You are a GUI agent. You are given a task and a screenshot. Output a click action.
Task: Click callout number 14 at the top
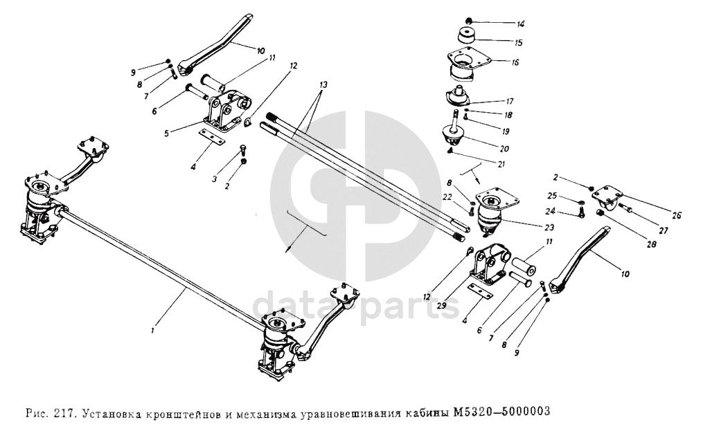point(519,24)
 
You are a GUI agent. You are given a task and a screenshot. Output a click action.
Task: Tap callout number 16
point(515,62)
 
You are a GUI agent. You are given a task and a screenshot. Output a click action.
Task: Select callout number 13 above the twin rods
point(323,85)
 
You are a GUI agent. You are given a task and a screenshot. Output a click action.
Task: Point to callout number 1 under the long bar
point(154,331)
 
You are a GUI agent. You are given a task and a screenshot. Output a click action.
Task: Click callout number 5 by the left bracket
point(167,134)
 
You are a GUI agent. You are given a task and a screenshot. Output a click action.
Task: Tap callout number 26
point(677,216)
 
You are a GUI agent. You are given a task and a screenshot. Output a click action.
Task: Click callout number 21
point(501,165)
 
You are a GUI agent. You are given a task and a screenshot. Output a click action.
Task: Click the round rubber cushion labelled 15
point(468,36)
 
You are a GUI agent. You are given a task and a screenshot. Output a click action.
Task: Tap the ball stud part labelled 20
point(454,129)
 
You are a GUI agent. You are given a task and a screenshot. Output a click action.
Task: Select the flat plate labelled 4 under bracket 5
point(212,136)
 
